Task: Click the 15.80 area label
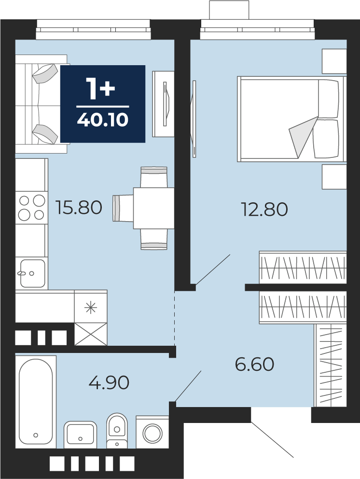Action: tap(79, 208)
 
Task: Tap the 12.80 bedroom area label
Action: tap(264, 210)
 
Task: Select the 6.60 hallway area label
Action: tap(255, 364)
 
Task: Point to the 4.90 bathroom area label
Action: tap(109, 382)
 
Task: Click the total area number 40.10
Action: tap(103, 120)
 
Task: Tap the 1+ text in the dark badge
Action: tap(100, 88)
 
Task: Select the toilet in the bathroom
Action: tap(117, 430)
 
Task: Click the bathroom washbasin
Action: tap(80, 434)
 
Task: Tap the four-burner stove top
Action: tap(32, 208)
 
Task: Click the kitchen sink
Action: tap(32, 273)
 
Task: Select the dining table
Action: tap(153, 208)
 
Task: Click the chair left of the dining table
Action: tap(123, 208)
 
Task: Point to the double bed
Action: tap(291, 119)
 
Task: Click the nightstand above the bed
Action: tap(334, 61)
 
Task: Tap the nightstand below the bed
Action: tap(334, 177)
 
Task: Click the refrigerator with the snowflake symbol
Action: tap(91, 307)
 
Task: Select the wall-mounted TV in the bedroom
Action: tap(194, 119)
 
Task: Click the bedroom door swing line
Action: tap(213, 269)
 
